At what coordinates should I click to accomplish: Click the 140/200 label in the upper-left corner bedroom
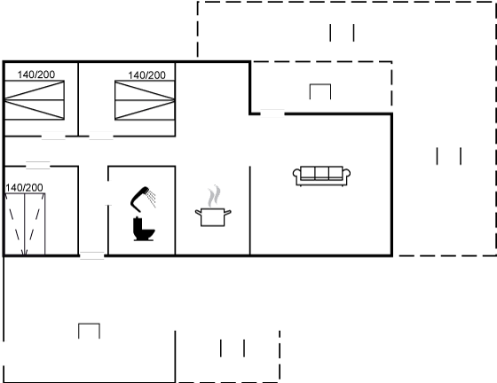36,74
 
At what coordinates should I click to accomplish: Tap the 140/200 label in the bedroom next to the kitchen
146,75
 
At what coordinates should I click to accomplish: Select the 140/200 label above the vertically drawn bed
24,188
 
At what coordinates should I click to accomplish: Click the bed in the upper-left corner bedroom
35,100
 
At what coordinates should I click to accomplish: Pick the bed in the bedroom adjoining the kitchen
145,100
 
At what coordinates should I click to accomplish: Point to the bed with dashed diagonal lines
25,223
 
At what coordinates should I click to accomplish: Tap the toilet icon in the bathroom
144,229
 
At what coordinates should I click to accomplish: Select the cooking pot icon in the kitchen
213,217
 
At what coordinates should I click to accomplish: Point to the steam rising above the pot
214,196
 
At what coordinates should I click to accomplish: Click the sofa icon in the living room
321,176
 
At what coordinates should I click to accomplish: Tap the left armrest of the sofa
296,176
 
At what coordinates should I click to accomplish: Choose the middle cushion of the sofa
321,173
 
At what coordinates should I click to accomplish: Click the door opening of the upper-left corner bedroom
53,137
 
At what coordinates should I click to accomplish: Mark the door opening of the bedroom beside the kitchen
101,137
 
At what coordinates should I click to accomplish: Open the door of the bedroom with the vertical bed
37,166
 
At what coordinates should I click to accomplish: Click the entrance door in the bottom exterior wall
92,255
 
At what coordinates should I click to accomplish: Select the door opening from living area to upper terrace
272,113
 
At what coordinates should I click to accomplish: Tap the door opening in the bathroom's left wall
108,193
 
